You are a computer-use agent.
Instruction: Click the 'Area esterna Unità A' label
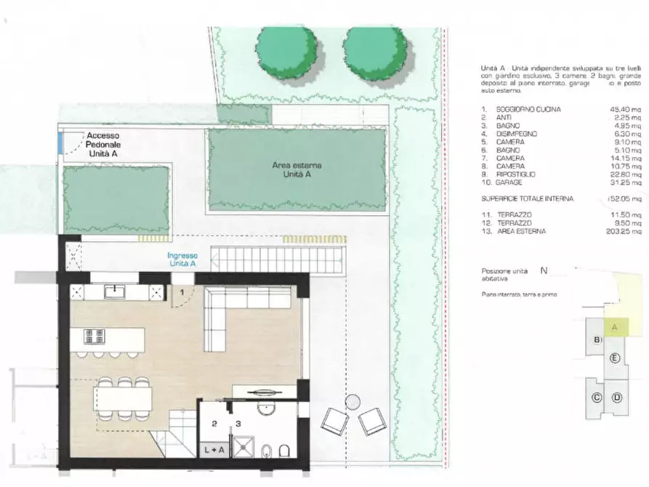click(297, 170)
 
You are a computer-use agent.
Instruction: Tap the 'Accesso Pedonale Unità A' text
click(104, 145)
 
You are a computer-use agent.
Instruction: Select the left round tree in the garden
click(286, 52)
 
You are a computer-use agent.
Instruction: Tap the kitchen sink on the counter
click(116, 292)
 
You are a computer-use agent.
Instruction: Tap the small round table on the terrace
click(353, 401)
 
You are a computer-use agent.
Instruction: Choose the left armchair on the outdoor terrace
click(334, 422)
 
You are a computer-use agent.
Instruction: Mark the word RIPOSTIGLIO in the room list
click(517, 174)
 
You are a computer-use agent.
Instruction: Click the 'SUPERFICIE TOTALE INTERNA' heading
click(527, 198)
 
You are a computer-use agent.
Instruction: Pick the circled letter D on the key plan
click(616, 397)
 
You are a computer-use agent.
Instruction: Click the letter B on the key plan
click(597, 340)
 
